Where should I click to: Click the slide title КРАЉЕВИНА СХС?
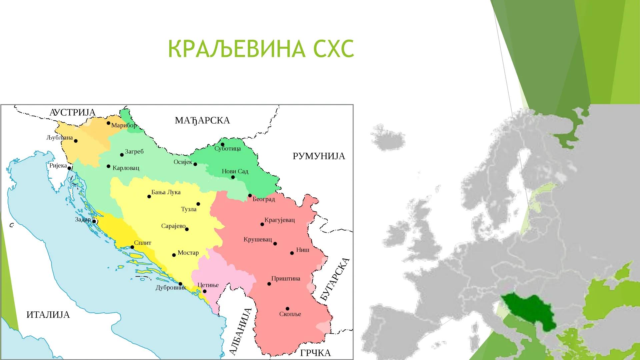(x=261, y=49)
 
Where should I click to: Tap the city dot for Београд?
(x=250, y=195)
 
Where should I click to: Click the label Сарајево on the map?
(x=173, y=226)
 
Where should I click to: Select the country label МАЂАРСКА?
(x=202, y=120)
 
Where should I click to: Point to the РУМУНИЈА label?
(x=319, y=156)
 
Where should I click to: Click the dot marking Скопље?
(x=287, y=309)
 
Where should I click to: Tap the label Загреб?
(x=134, y=151)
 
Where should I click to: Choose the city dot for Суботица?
(x=223, y=144)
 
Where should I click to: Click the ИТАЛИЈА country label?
(x=48, y=315)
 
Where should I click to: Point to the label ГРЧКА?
(x=315, y=353)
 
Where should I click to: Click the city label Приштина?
(x=286, y=278)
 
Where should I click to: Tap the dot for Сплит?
(x=132, y=247)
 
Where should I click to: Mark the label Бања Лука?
(x=166, y=192)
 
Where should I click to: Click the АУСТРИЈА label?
(x=72, y=112)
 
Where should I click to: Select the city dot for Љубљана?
(x=76, y=141)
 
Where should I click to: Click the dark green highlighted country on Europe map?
(x=528, y=312)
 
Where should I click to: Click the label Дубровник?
(x=171, y=287)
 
